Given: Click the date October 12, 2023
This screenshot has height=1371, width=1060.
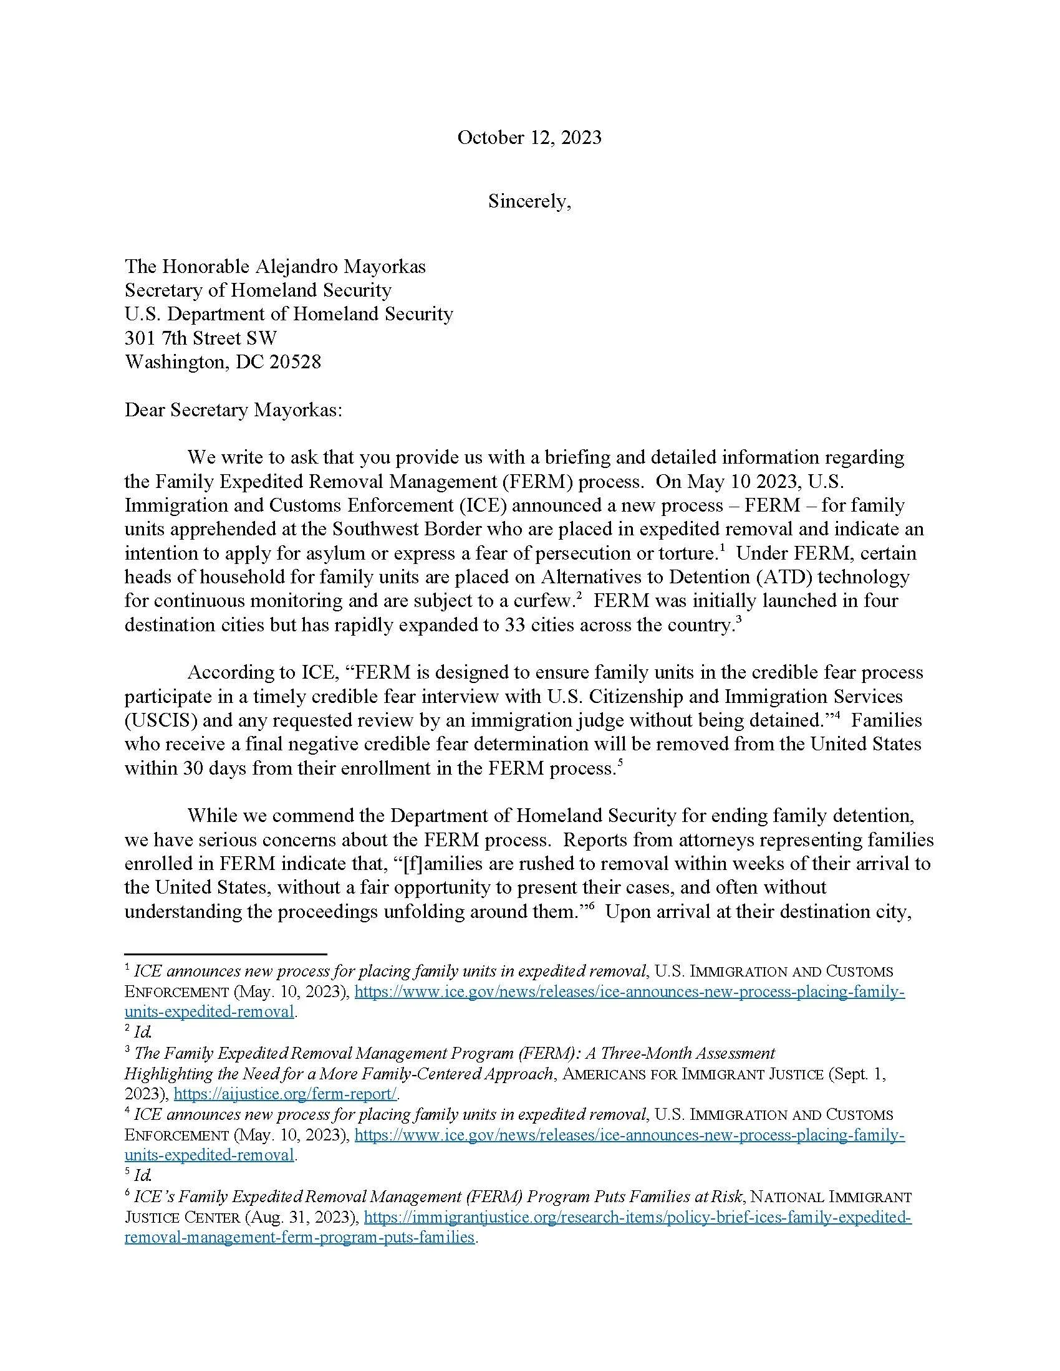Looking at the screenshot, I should tap(529, 138).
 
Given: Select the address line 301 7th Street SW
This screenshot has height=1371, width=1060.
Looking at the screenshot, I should tap(200, 338).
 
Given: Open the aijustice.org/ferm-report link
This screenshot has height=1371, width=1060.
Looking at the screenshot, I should tap(285, 1094).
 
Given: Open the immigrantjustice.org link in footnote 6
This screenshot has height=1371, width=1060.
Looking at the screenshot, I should tap(637, 1218).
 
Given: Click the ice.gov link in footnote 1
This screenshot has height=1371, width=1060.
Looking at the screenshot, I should tap(629, 993).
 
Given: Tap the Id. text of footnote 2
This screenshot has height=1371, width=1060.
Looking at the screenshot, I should tap(143, 1032).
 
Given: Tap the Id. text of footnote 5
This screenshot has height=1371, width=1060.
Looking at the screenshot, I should tap(143, 1175).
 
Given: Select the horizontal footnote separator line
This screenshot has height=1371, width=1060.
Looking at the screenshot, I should tap(226, 953).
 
